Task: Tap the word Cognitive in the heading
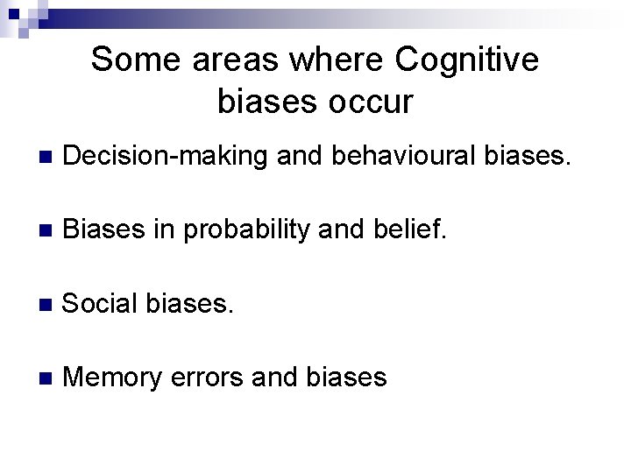click(x=467, y=60)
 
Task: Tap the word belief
click(x=415, y=229)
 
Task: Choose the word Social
click(x=98, y=303)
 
